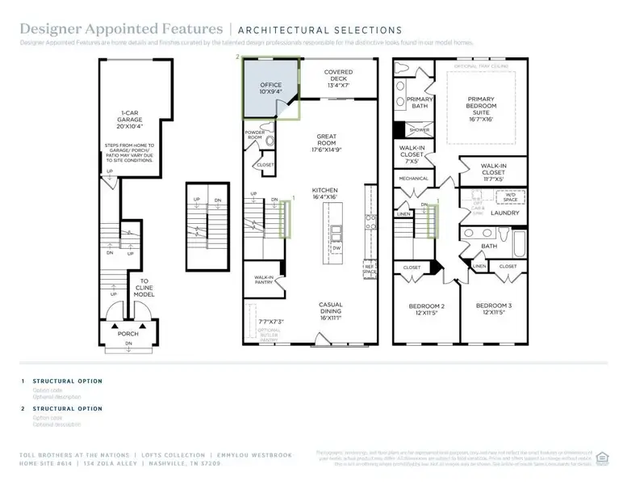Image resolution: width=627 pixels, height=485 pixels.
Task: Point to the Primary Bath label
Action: pyautogui.click(x=420, y=102)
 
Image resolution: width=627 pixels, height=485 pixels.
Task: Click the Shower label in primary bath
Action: pyautogui.click(x=419, y=130)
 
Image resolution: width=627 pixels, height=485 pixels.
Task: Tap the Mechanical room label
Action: pyautogui.click(x=412, y=179)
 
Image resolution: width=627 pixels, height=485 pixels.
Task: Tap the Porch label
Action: pyautogui.click(x=127, y=334)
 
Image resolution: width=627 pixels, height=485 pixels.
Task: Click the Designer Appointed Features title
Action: pyautogui.click(x=121, y=29)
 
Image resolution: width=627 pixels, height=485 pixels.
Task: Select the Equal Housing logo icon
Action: pyautogui.click(x=601, y=457)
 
